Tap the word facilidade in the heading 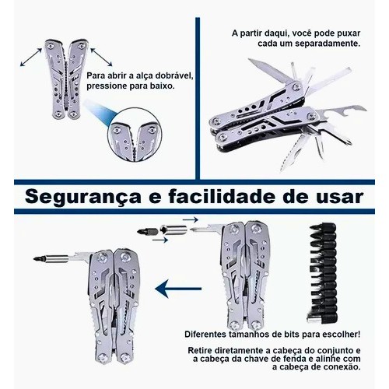pyautogui.click(x=222, y=197)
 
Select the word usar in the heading pyautogui.click(x=339, y=197)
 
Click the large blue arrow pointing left pyautogui.click(x=178, y=289)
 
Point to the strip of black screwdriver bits pyautogui.click(x=324, y=273)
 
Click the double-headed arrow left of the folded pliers pyautogui.click(x=31, y=57)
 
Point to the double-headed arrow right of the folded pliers pyautogui.click(x=101, y=57)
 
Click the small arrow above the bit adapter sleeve pyautogui.click(x=190, y=220)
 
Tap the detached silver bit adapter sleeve pyautogui.click(x=173, y=230)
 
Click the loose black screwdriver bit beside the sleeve pyautogui.click(x=148, y=231)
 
